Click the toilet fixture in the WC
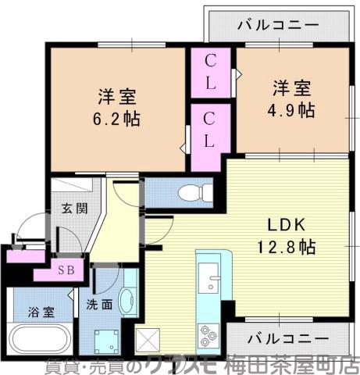point(187,192)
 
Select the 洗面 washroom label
point(100,305)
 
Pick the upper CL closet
point(211,71)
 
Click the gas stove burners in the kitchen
point(210,335)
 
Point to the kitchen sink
point(209,277)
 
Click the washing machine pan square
point(105,339)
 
